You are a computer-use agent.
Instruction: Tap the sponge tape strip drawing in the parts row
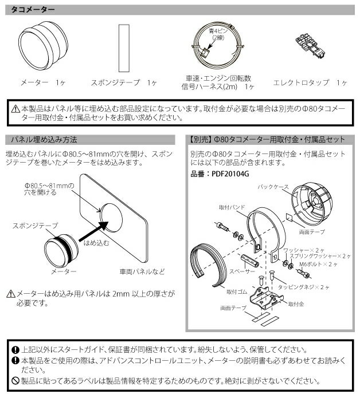click(x=121, y=47)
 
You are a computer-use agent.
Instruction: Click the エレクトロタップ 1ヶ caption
click(x=310, y=82)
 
